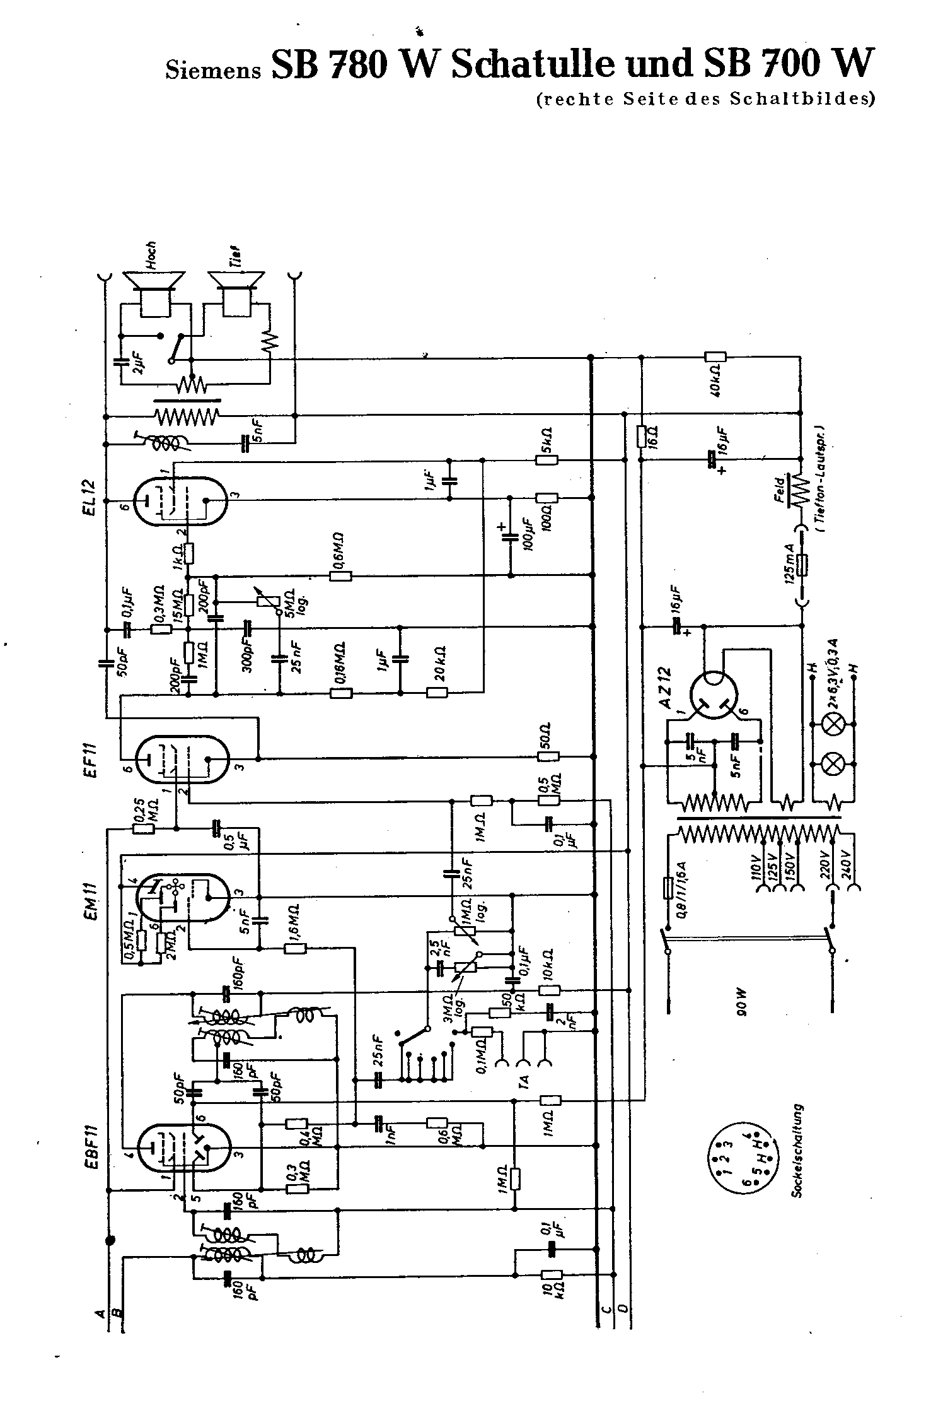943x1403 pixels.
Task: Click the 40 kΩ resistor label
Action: pyautogui.click(x=715, y=383)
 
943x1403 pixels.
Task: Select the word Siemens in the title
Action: pyautogui.click(x=213, y=69)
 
